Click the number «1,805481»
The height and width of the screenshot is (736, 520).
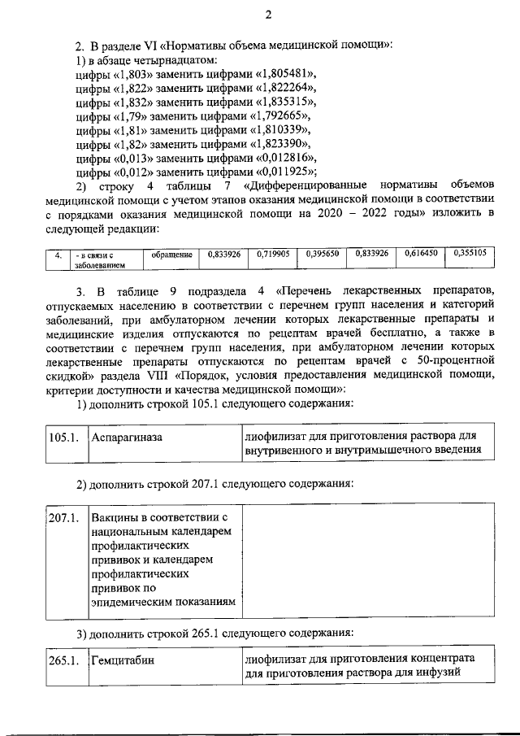(x=276, y=72)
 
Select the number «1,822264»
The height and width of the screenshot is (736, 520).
(x=280, y=87)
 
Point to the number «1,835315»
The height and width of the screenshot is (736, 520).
(x=280, y=101)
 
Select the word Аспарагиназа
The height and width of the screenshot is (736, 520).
(x=128, y=438)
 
